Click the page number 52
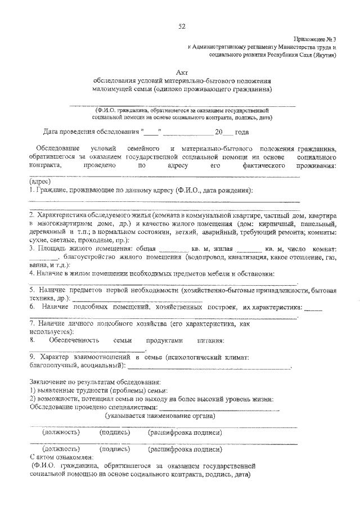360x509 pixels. (x=182, y=26)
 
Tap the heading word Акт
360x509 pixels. (x=181, y=71)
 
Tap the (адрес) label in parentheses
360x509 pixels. (x=39, y=182)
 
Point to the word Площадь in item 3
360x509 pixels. (x=49, y=248)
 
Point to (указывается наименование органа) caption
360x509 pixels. (x=160, y=416)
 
